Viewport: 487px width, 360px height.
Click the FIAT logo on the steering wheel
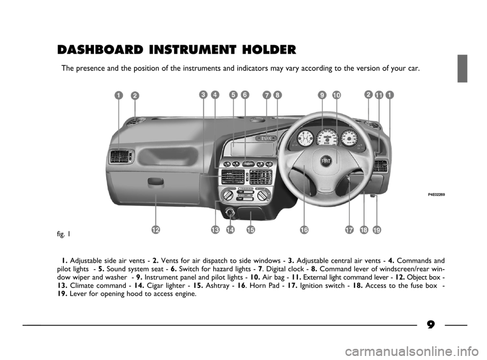(326, 161)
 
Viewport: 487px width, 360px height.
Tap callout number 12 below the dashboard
(156, 230)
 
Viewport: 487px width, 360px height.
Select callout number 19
(377, 230)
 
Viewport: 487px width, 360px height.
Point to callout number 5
(233, 95)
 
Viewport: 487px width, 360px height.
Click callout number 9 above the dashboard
(323, 95)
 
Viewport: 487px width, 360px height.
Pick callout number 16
(304, 230)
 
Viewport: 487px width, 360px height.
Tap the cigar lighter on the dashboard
(230, 213)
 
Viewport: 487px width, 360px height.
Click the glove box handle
(156, 182)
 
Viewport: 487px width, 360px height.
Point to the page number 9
(431, 325)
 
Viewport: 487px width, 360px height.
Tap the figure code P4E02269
(436, 195)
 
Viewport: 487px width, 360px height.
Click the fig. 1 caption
(64, 234)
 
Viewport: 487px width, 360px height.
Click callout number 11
(378, 95)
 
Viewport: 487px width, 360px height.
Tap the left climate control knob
(226, 196)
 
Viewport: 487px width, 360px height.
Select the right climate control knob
(263, 196)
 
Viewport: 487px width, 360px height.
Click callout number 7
(266, 95)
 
